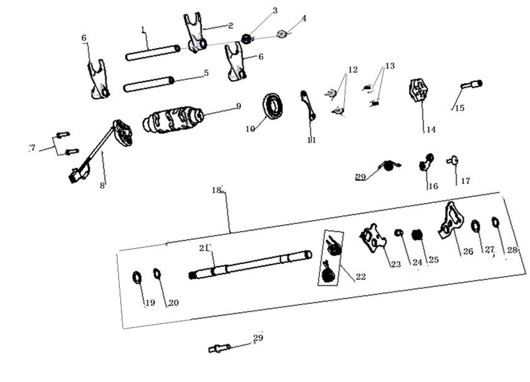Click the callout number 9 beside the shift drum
tap(238, 107)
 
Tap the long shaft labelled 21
tap(249, 263)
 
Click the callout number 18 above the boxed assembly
tap(216, 189)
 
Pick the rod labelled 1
tap(152, 52)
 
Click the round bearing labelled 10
tap(273, 104)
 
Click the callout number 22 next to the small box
tap(360, 277)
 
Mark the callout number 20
tap(173, 303)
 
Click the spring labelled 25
tap(418, 237)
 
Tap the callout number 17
tap(465, 181)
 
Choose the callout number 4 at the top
tap(304, 19)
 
